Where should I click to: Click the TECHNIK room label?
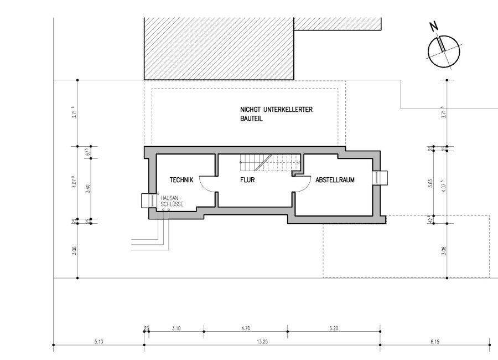[x=181, y=180]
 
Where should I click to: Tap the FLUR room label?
[x=247, y=180]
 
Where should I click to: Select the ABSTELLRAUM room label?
[x=335, y=180]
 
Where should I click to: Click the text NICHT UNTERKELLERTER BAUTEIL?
[x=272, y=114]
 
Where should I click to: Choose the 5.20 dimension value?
[x=334, y=328]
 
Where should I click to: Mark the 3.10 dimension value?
[x=177, y=328]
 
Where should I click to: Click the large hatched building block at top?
[x=218, y=49]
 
